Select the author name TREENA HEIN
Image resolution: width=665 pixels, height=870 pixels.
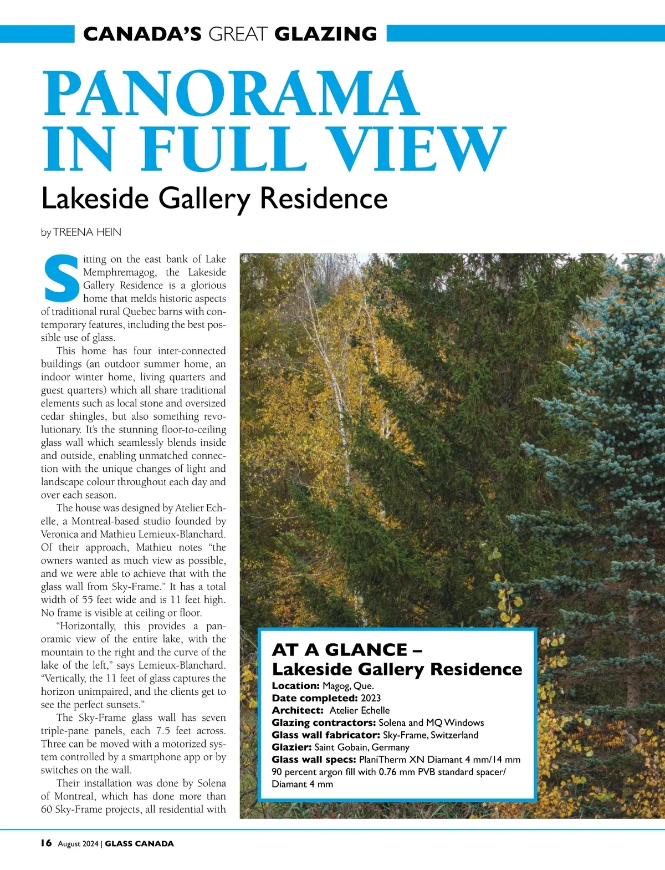tap(87, 232)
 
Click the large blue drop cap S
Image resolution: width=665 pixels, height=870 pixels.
tap(60, 277)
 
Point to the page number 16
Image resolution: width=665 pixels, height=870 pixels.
tap(46, 843)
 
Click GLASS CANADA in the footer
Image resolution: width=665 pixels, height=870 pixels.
tap(139, 844)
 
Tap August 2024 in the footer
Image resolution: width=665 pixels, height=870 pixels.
tap(78, 844)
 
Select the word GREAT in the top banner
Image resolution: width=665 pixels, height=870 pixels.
tap(238, 34)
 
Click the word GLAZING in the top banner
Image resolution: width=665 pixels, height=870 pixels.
tap(325, 34)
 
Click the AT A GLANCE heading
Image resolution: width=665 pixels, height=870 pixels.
tap(347, 649)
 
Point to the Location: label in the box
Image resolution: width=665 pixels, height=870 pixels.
tap(296, 686)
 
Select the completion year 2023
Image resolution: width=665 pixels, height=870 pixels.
tap(371, 698)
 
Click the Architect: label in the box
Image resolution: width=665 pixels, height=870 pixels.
tap(298, 710)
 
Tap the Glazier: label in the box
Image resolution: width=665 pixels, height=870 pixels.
tap(291, 747)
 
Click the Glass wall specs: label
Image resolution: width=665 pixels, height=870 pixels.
tap(314, 759)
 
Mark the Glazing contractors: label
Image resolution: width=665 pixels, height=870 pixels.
tap(324, 723)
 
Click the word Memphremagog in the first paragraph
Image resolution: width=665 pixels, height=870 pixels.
tap(117, 272)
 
